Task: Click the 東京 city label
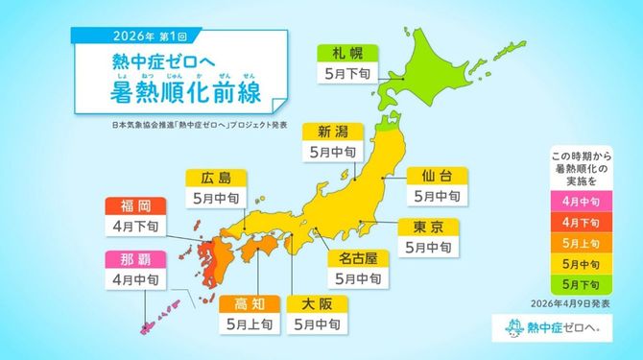[x=429, y=228]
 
